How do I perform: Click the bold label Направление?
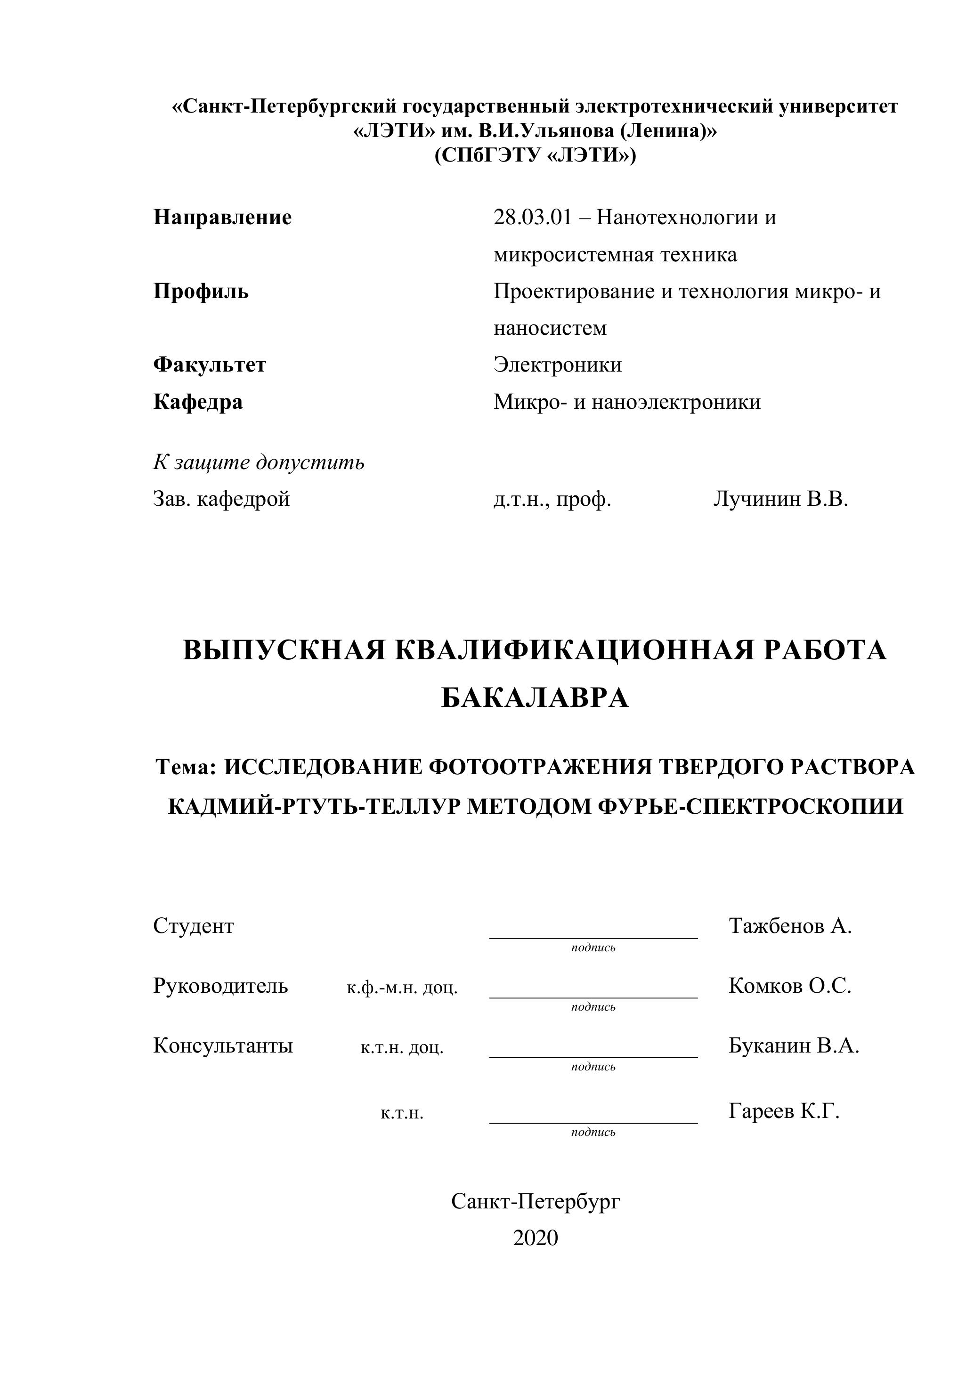pyautogui.click(x=222, y=217)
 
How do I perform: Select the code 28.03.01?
pyautogui.click(x=533, y=217)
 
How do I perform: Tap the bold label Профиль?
pyautogui.click(x=201, y=292)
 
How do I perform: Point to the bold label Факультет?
pyautogui.click(x=210, y=364)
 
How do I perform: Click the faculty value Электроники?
pyautogui.click(x=558, y=364)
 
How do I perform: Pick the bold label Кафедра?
pyautogui.click(x=198, y=401)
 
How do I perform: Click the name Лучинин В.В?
pyautogui.click(x=781, y=499)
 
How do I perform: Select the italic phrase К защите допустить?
pyautogui.click(x=259, y=462)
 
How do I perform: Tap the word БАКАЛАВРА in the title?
pyautogui.click(x=535, y=698)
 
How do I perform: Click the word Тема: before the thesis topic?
pyautogui.click(x=186, y=767)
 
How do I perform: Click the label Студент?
pyautogui.click(x=194, y=926)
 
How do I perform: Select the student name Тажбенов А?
pyautogui.click(x=790, y=926)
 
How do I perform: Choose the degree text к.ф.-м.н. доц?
pyautogui.click(x=402, y=987)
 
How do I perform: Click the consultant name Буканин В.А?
pyautogui.click(x=794, y=1045)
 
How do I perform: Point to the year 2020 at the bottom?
pyautogui.click(x=535, y=1238)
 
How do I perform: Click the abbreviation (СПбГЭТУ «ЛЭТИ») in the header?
pyautogui.click(x=535, y=155)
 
